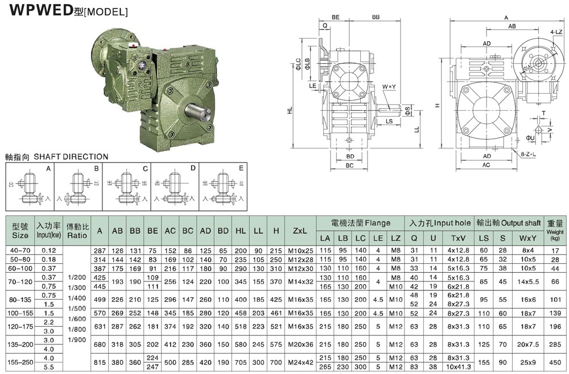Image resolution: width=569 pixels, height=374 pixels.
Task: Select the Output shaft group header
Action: pyautogui.click(x=517, y=223)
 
